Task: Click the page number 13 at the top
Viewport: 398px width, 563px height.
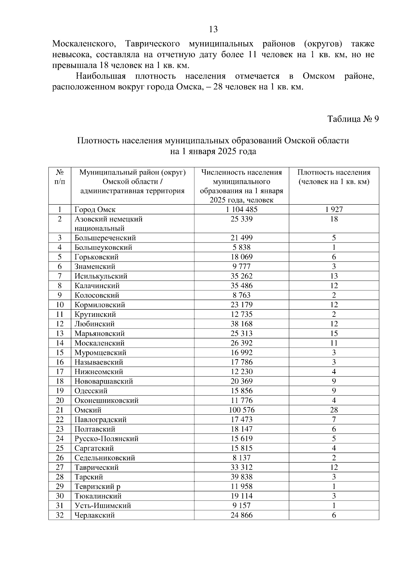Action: (x=214, y=30)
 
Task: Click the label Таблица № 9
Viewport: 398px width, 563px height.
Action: (x=353, y=119)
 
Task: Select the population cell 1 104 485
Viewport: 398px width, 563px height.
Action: (x=241, y=209)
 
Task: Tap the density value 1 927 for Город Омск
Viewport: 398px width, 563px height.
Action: (x=334, y=209)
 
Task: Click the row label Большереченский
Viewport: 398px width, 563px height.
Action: (x=105, y=238)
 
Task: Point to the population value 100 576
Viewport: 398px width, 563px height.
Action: (x=241, y=410)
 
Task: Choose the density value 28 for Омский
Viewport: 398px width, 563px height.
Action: (x=334, y=410)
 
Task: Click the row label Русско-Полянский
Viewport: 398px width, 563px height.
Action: (x=106, y=439)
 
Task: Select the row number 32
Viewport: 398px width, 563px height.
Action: (x=60, y=515)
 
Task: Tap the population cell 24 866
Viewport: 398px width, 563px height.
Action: (x=241, y=515)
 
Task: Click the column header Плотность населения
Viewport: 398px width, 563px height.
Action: (x=334, y=177)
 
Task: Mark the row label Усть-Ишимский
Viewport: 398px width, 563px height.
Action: (x=102, y=506)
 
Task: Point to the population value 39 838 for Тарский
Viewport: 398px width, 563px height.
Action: (x=241, y=477)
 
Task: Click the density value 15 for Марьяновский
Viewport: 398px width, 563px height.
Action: (x=334, y=333)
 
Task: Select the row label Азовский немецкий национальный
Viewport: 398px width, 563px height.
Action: (x=108, y=224)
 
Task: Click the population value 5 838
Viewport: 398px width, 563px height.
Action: (x=241, y=247)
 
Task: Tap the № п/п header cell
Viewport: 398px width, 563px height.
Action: (x=60, y=177)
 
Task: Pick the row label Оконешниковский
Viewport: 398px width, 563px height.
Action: (x=106, y=400)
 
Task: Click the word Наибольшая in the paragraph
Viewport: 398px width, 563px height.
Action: (x=101, y=76)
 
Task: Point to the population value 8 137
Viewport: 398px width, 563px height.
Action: (x=241, y=458)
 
